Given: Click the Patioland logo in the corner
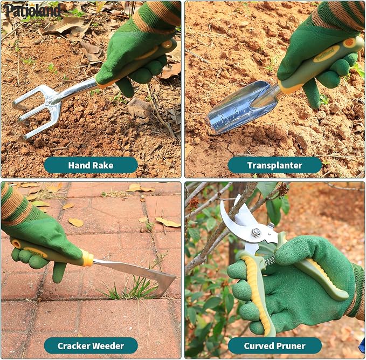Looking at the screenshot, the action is click(32, 10).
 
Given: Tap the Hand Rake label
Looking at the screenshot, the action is click(91, 165).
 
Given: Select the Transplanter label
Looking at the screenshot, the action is click(275, 165).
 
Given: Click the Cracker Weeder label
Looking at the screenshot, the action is click(91, 346).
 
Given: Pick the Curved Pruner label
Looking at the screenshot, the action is click(275, 346).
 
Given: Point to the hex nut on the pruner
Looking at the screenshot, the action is click(256, 233).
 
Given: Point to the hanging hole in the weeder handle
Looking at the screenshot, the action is click(16, 243).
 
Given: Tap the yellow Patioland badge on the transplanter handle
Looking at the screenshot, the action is click(326, 54).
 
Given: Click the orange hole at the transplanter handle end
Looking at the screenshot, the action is click(349, 43).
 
